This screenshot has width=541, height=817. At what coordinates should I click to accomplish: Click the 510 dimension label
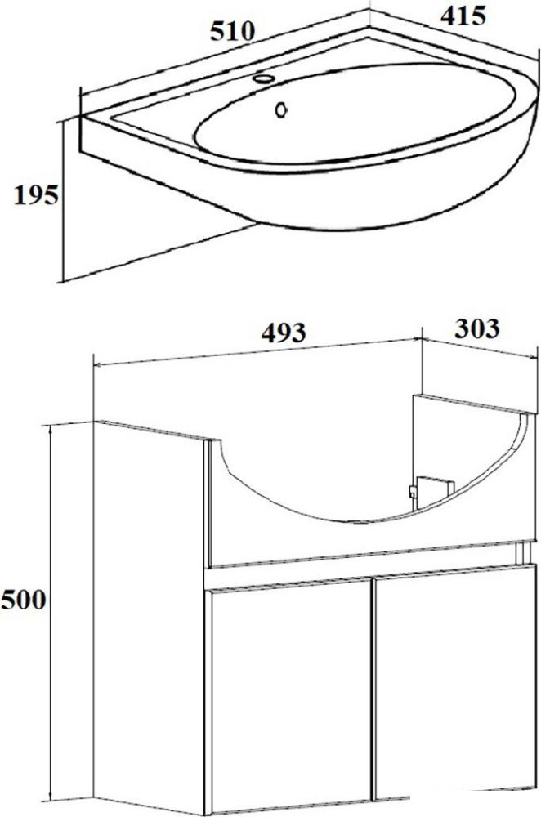(x=232, y=32)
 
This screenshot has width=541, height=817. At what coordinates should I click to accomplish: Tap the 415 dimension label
(x=463, y=16)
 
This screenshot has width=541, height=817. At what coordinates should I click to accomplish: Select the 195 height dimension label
(x=36, y=195)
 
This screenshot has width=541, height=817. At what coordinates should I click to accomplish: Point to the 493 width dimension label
(x=284, y=333)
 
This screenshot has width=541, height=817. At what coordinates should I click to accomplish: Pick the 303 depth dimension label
(x=477, y=328)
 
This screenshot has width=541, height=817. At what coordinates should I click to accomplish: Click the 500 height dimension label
(x=24, y=600)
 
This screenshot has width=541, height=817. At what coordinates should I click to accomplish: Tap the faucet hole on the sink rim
(x=263, y=78)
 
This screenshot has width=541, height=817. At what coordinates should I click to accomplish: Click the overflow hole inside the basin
(x=281, y=109)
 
